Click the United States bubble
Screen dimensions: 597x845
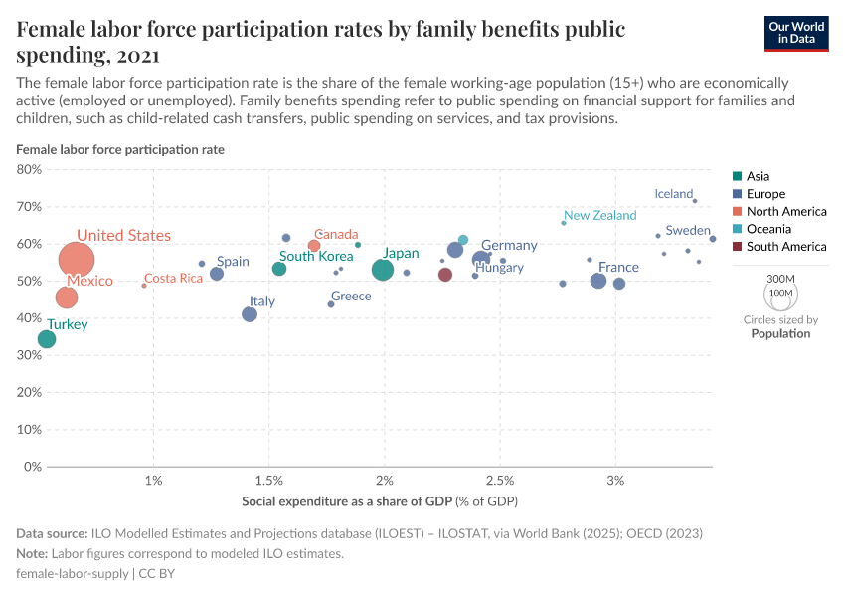tap(77, 260)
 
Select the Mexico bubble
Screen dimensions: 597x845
tap(67, 298)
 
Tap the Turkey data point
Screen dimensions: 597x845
tap(47, 339)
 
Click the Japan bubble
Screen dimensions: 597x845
tap(383, 270)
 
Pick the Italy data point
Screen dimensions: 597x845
tap(250, 314)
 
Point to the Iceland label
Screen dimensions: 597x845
tap(673, 194)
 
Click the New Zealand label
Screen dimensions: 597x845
tap(599, 216)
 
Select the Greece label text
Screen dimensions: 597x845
tap(351, 297)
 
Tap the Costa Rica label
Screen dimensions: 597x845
tap(173, 279)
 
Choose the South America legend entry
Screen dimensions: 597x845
tap(785, 247)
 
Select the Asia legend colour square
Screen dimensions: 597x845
tap(737, 176)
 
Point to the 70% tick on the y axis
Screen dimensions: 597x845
tap(29, 207)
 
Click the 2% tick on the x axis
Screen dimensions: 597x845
tap(385, 482)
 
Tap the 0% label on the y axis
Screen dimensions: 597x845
tap(33, 467)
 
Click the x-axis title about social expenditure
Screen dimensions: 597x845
tap(379, 500)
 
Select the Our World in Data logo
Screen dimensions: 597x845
tap(795, 32)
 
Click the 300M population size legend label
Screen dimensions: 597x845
tap(780, 278)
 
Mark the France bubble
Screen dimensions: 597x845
tap(598, 281)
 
